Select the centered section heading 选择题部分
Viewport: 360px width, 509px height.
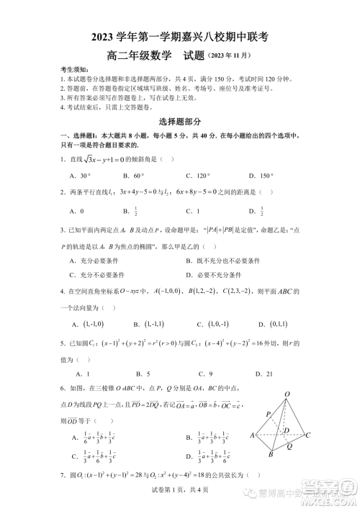(180, 122)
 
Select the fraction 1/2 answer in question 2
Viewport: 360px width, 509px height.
(135, 211)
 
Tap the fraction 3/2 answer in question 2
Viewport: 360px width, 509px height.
(261, 211)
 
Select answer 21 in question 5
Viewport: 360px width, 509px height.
(270, 374)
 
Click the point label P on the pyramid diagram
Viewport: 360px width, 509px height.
(268, 414)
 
